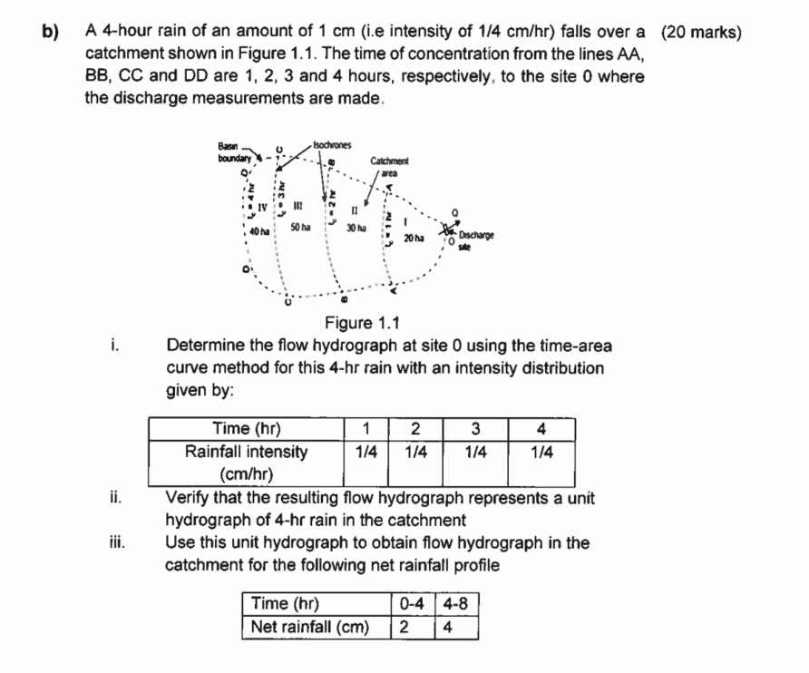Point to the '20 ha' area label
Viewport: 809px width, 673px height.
(x=414, y=237)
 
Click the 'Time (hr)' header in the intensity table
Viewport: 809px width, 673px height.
(x=246, y=428)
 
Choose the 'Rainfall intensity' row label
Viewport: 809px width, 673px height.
(x=246, y=451)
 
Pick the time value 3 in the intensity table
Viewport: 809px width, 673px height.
(x=475, y=428)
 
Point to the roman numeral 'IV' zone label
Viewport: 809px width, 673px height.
(x=261, y=207)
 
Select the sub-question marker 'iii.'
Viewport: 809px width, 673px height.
(x=114, y=544)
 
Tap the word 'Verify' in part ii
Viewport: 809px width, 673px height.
(x=189, y=498)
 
